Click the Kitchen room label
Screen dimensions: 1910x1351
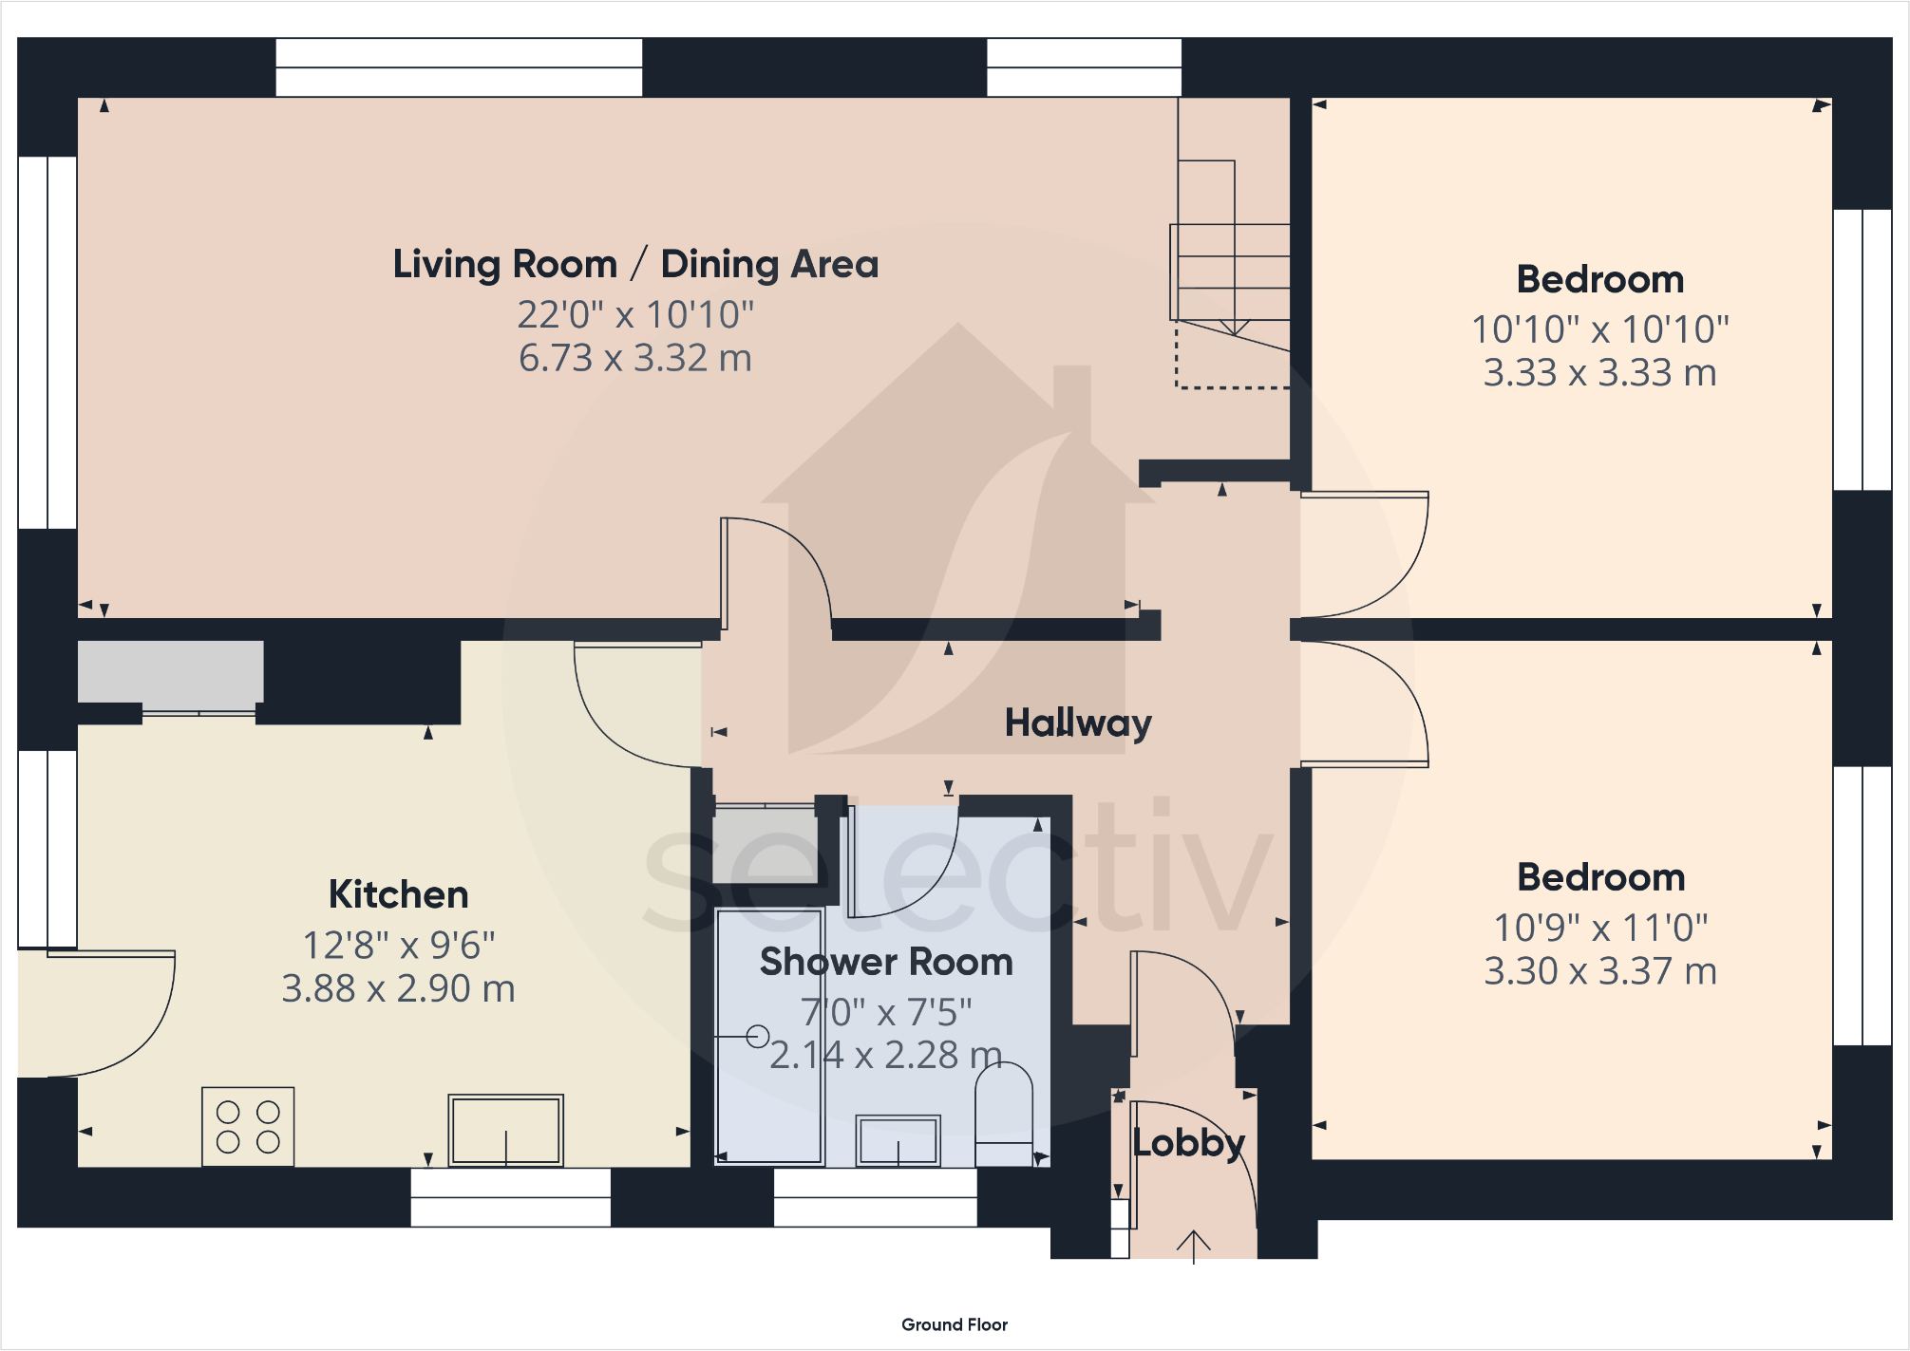(x=399, y=894)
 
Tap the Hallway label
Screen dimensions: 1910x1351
(x=1078, y=723)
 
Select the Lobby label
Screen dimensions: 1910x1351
(x=1189, y=1143)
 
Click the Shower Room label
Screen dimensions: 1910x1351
(x=886, y=962)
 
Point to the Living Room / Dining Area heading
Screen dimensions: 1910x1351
(x=635, y=264)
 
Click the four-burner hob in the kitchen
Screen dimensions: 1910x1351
(x=248, y=1126)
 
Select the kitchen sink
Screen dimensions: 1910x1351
(x=506, y=1130)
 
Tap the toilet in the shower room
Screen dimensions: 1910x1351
(x=1004, y=1114)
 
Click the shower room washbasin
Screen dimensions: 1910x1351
(x=898, y=1139)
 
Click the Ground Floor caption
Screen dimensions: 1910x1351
(x=955, y=1324)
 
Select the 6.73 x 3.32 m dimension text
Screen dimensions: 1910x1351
(x=635, y=358)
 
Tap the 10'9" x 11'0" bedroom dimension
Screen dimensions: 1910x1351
(x=1601, y=928)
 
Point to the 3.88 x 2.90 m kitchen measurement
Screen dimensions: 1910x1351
(x=399, y=988)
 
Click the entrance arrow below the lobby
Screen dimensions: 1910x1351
(x=1194, y=1247)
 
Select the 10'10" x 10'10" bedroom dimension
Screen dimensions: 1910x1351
(x=1600, y=329)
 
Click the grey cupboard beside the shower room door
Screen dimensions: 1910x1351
(x=766, y=845)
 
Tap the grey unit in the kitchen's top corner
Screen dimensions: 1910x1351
(x=171, y=672)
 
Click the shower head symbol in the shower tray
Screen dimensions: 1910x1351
(x=757, y=1036)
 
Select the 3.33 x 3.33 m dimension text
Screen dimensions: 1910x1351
(x=1600, y=372)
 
